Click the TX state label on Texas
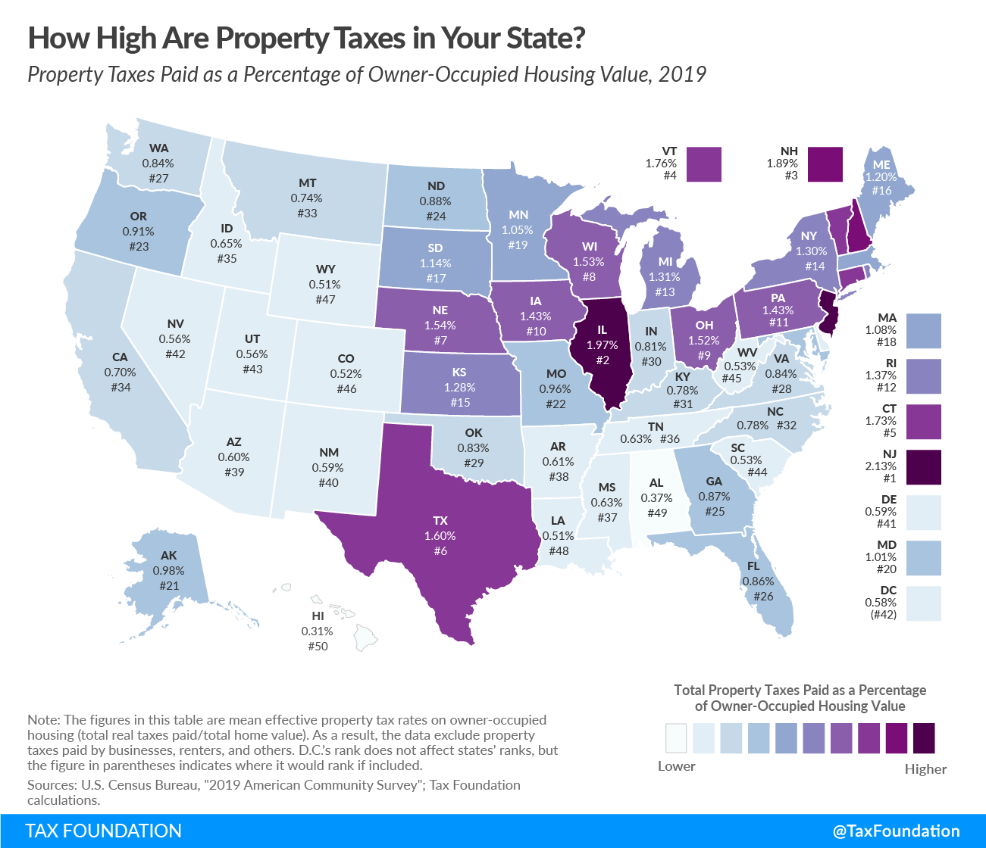point(440,520)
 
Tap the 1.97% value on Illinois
point(602,345)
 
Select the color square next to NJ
point(923,467)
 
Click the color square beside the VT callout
point(704,164)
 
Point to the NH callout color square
point(825,164)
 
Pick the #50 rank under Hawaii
point(318,646)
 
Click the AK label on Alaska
point(168,555)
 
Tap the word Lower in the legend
point(676,765)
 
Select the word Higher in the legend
point(925,768)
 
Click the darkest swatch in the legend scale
point(924,738)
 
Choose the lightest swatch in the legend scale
point(676,738)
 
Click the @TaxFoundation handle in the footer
point(896,831)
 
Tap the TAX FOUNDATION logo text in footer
point(104,831)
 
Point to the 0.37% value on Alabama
point(656,497)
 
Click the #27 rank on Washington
point(158,178)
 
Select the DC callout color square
point(923,603)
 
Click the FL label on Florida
point(753,566)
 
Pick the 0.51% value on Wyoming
point(324,284)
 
